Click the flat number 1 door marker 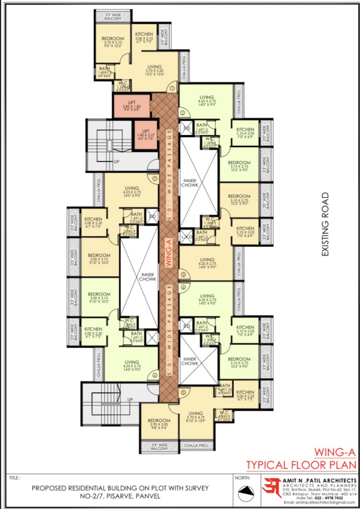coord(172,88)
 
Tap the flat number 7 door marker coord(155,178)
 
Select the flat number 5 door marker coord(183,392)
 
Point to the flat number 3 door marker coord(183,274)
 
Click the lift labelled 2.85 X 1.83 coord(132,106)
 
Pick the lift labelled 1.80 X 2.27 coord(146,135)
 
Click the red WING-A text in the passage coord(169,252)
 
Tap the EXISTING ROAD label coord(325,224)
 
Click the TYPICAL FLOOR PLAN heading coord(301,465)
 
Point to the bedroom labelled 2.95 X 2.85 coord(159,424)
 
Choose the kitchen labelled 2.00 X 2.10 coord(144,38)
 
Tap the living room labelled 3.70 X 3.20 coord(154,70)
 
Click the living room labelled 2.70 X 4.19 coord(196,417)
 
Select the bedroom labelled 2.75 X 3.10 coord(113,42)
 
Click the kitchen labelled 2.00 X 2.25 coord(245,396)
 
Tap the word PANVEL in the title coord(148,496)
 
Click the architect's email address coord(319,502)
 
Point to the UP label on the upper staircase coord(116,162)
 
